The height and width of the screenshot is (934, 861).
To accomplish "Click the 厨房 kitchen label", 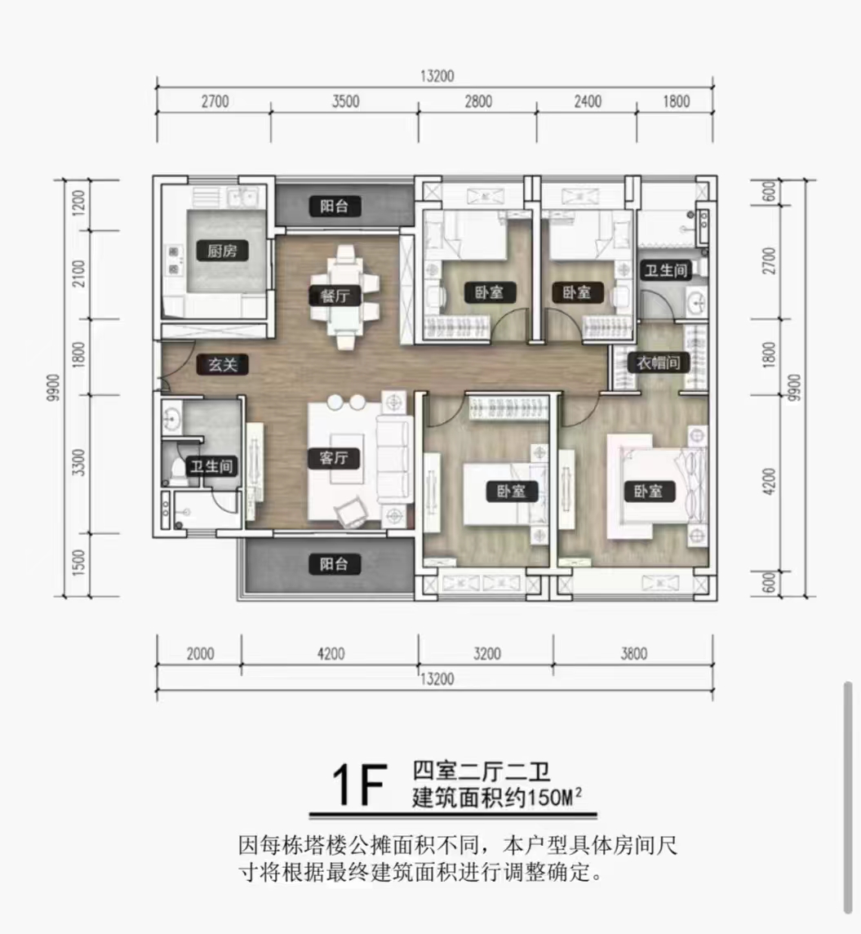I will coord(223,251).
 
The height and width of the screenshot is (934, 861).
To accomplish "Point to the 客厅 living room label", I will coord(334,459).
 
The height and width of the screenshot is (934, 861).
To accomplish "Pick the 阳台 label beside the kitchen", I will coord(335,207).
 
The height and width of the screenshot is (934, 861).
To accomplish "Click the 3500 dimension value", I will coord(346,102).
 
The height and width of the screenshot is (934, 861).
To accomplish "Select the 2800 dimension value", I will coord(478,102).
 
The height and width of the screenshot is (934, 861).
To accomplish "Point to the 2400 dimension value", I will coord(588,102).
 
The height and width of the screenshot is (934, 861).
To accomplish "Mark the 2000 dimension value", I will coord(199,653).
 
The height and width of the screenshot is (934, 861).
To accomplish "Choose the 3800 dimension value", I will coord(633,653).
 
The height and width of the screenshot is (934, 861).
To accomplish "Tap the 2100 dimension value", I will coord(78,274).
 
